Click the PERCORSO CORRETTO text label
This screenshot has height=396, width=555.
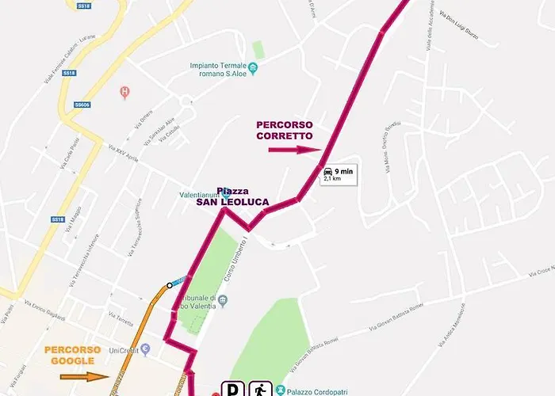285,130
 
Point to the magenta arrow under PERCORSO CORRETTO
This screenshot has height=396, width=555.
294,149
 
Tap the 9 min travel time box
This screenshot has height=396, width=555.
337,174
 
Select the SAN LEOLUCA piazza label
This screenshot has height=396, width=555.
232,202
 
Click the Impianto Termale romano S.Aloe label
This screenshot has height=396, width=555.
219,70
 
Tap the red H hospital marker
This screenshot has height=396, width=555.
124,93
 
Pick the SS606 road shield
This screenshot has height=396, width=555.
82,104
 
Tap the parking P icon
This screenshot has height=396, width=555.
234,389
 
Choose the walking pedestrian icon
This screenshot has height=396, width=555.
261,389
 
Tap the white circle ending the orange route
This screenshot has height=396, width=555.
169,285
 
